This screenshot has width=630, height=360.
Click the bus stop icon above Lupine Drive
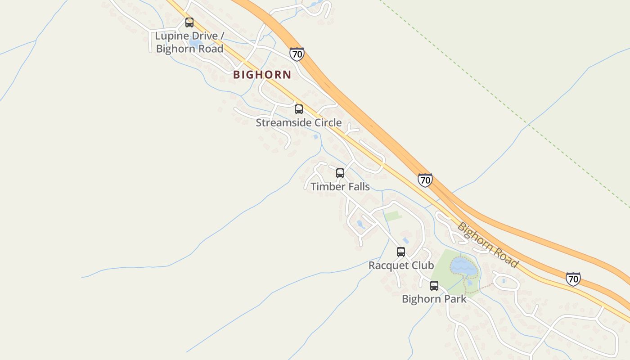(189, 22)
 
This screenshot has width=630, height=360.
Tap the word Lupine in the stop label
(173, 36)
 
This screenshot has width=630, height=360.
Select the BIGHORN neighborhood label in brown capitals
(262, 75)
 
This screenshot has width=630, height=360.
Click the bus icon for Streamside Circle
(299, 109)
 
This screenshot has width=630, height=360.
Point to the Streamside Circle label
(299, 122)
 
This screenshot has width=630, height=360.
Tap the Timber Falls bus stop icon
(340, 173)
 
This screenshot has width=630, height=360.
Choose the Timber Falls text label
(340, 186)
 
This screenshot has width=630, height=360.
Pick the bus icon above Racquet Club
(401, 252)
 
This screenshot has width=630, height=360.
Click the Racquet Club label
(401, 265)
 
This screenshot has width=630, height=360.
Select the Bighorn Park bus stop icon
(434, 286)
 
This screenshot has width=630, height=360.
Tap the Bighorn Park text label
(434, 299)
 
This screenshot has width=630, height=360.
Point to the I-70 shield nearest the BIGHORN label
(297, 54)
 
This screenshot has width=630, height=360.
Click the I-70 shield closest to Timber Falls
(425, 180)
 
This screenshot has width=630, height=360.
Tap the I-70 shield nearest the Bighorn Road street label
(573, 279)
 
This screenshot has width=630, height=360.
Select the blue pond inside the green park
(463, 267)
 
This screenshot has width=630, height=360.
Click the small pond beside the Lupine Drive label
(196, 43)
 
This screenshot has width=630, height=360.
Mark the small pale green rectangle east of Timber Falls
(393, 216)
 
